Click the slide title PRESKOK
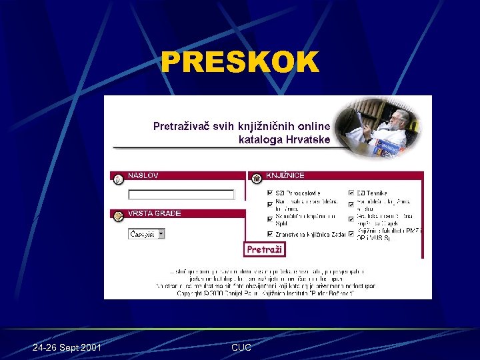coord(240,63)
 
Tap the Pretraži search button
coord(265,249)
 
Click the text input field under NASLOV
coord(181,195)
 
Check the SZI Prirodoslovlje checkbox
coord(270,193)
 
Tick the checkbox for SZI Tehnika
coord(351,193)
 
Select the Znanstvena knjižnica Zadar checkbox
coord(270,234)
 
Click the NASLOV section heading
coord(143,176)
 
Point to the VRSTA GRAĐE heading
coord(154,214)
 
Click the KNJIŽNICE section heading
coord(285,176)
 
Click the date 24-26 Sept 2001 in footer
coord(67,348)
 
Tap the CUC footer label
coord(241,348)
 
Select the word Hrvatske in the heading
coord(308,140)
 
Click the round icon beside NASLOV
coord(118,179)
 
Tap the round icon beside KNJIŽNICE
coord(257,178)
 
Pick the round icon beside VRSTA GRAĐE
coord(118,216)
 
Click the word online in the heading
coord(313,125)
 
